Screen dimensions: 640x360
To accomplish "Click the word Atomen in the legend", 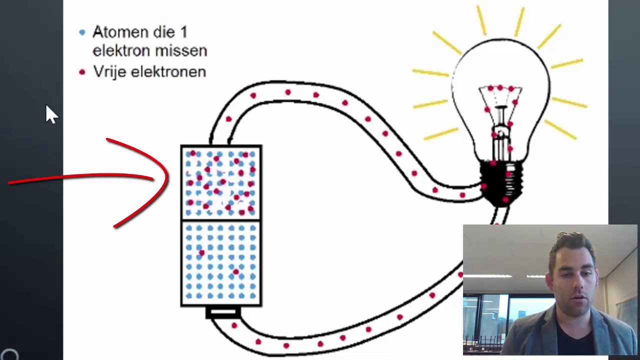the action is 118,32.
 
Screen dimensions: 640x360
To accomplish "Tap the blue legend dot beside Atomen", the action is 82,32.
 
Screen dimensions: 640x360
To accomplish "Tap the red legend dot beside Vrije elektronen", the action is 82,72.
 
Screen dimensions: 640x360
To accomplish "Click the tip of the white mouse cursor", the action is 47,106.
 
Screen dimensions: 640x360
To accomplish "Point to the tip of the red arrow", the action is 167,178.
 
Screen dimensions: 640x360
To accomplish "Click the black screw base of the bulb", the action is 501,182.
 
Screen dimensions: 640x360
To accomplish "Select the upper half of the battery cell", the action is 221,183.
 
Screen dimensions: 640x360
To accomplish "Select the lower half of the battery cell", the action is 221,262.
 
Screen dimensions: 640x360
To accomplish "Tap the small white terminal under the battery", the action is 223,312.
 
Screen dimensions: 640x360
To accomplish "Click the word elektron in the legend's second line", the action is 123,51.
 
